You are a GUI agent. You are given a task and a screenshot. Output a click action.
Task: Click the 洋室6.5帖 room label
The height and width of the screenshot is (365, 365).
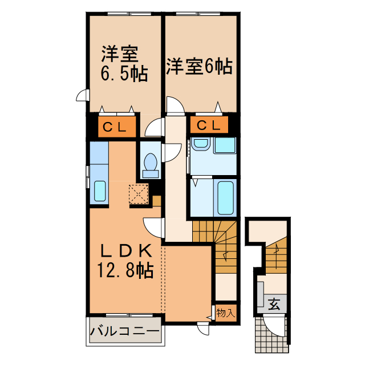click(123, 64)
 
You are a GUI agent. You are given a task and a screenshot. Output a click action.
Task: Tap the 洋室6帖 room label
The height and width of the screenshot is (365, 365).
click(199, 67)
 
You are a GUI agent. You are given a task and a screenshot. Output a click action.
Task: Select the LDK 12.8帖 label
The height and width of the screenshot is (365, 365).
click(126, 261)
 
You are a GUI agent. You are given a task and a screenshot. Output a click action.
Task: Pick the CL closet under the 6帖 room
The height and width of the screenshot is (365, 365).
click(209, 125)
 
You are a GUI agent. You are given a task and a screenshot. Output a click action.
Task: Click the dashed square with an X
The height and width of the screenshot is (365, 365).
click(138, 194)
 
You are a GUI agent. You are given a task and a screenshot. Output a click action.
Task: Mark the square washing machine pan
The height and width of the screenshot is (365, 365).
click(224, 145)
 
